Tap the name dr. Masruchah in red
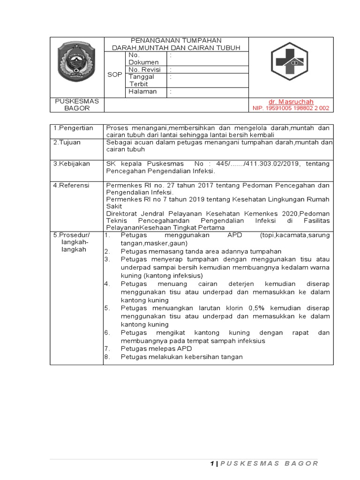pyautogui.click(x=291, y=102)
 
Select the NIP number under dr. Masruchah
pyautogui.click(x=291, y=108)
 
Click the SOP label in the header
pyautogui.click(x=114, y=75)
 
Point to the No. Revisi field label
pyautogui.click(x=144, y=69)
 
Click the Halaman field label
pyautogui.click(x=142, y=92)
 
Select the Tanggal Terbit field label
pyautogui.click(x=142, y=80)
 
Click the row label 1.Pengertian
pyautogui.click(x=73, y=128)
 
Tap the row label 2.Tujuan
pyautogui.click(x=68, y=142)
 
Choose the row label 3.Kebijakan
pyautogui.click(x=72, y=164)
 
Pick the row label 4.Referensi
pyautogui.click(x=71, y=185)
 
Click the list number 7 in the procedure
pyautogui.click(x=107, y=349)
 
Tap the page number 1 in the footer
pyautogui.click(x=211, y=464)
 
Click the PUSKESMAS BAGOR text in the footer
pyautogui.click(x=269, y=464)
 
